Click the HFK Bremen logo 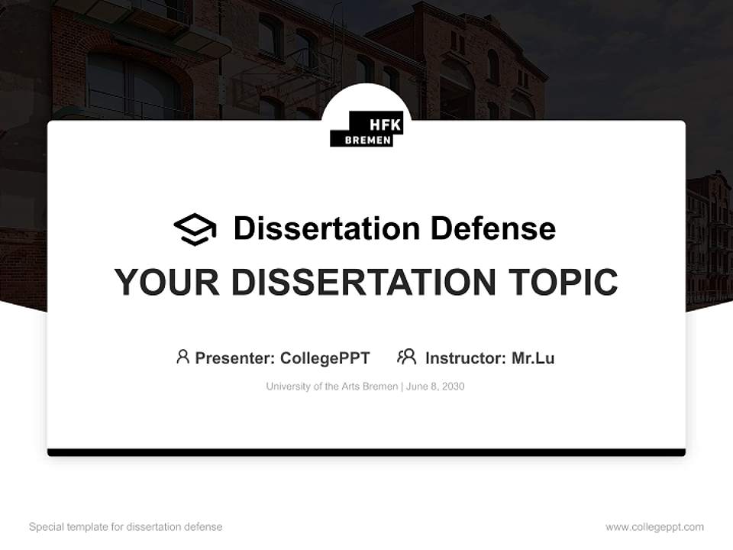(x=366, y=128)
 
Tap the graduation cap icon (x=195, y=229)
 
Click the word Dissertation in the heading (x=327, y=228)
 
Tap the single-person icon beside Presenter (x=182, y=357)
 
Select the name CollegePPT (x=325, y=357)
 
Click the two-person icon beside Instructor (x=406, y=357)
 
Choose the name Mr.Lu (x=533, y=357)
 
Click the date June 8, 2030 (x=435, y=387)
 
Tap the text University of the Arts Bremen (x=331, y=387)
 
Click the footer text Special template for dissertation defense (x=126, y=527)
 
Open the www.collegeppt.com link (x=654, y=527)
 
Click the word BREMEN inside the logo (x=368, y=140)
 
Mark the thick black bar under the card (x=366, y=453)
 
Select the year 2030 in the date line (x=452, y=387)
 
